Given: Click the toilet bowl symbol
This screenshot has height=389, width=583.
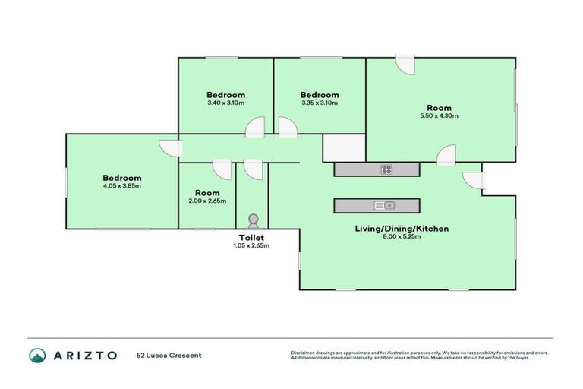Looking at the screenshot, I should coord(252,220).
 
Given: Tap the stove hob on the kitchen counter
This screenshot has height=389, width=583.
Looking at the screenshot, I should coord(386,169).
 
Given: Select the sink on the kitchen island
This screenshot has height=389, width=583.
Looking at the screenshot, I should coord(384,205).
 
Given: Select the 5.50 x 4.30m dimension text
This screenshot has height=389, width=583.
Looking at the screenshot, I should coord(440,116).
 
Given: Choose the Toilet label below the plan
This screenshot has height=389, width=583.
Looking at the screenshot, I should coord(252,237).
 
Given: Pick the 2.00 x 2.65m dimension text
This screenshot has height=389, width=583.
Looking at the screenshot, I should coord(207,201).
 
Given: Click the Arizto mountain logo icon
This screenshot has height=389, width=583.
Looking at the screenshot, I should coord(38,355).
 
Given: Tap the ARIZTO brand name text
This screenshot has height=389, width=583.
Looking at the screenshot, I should coord(85,355).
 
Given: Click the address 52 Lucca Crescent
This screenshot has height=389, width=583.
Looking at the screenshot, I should coord(169,355).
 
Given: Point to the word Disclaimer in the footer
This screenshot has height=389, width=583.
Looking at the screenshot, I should coord(304,353).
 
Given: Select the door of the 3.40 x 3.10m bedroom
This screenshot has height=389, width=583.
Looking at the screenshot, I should coord(255,128).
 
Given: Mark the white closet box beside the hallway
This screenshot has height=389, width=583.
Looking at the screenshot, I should coord(344,148).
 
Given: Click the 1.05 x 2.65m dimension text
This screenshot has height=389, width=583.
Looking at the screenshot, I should coord(252,245).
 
